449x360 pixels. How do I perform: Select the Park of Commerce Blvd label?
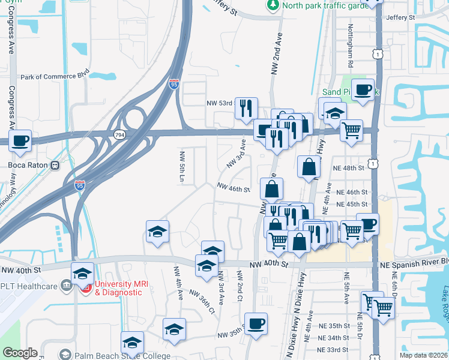tap(56, 77)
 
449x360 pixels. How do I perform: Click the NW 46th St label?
tap(233, 188)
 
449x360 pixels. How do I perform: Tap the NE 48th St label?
tap(351, 169)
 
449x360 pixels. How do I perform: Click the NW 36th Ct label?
tap(202, 301)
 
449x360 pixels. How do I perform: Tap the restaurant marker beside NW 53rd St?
tap(246, 109)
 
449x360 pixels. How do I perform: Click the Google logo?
tap(20, 353)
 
